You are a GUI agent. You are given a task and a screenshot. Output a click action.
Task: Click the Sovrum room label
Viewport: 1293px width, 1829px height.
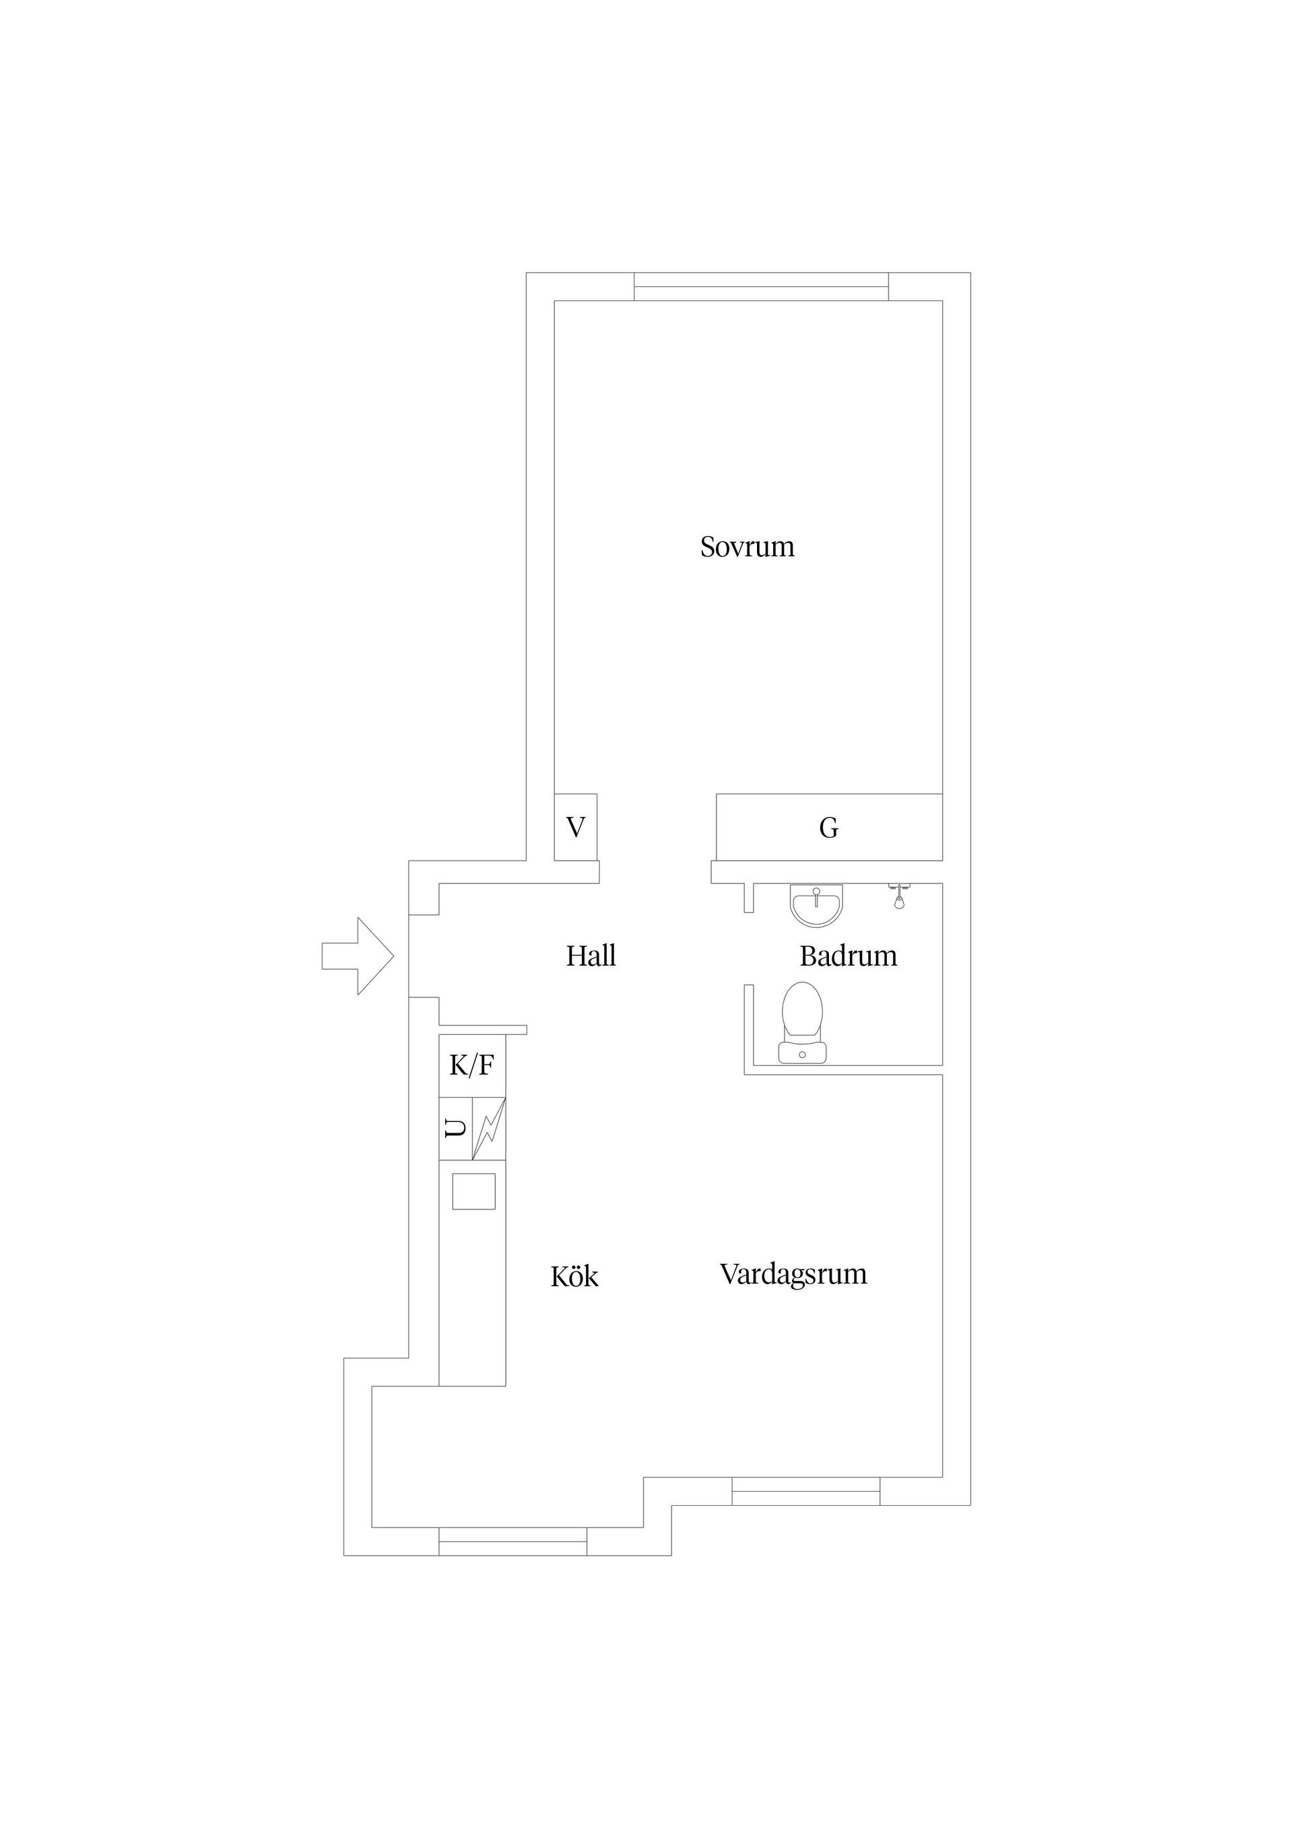pyautogui.click(x=748, y=547)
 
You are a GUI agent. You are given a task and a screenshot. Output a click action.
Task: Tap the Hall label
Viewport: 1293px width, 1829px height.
pyautogui.click(x=591, y=956)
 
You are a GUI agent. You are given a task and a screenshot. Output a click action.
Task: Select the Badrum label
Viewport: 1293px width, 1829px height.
pyautogui.click(x=849, y=956)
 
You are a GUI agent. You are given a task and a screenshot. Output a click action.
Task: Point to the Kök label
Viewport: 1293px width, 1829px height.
pyautogui.click(x=574, y=1277)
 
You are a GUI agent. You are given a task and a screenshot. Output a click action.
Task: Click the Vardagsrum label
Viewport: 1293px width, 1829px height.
pyautogui.click(x=793, y=1275)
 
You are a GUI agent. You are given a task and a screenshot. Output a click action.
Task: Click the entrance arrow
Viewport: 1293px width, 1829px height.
pyautogui.click(x=358, y=956)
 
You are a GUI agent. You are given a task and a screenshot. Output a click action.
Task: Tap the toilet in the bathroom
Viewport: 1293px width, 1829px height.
pyautogui.click(x=802, y=1023)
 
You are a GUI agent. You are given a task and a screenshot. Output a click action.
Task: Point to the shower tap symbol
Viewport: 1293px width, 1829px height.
pyautogui.click(x=898, y=896)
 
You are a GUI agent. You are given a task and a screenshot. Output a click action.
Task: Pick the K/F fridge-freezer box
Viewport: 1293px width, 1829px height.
pyautogui.click(x=473, y=1066)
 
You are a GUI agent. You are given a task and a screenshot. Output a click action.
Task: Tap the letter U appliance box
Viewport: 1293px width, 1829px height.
pyautogui.click(x=456, y=1129)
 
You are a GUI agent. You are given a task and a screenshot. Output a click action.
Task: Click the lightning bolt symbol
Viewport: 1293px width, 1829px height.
pyautogui.click(x=489, y=1129)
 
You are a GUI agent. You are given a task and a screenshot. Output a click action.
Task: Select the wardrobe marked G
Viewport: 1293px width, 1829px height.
pyautogui.click(x=829, y=827)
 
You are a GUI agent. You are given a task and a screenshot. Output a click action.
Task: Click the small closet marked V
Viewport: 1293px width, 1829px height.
pyautogui.click(x=575, y=827)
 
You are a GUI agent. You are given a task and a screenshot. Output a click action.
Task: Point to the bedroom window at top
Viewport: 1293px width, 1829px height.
pyautogui.click(x=761, y=287)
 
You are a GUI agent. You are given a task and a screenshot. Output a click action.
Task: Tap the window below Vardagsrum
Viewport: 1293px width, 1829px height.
pyautogui.click(x=805, y=1491)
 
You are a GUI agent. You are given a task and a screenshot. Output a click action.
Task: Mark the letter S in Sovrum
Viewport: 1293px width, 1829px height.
pyautogui.click(x=707, y=547)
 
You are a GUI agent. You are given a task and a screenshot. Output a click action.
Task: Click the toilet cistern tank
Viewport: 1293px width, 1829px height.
pyautogui.click(x=802, y=1053)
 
